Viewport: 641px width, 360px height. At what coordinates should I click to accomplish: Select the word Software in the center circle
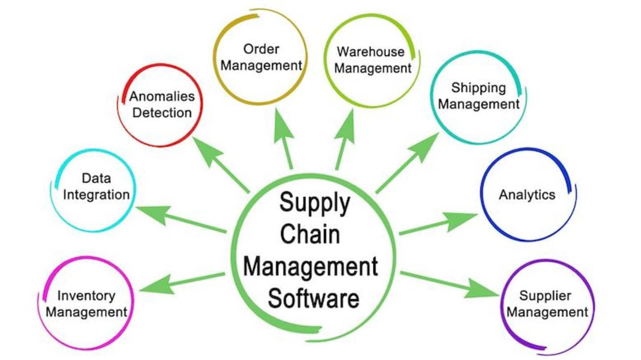point(314,298)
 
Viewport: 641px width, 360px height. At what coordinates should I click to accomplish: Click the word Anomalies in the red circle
point(162,97)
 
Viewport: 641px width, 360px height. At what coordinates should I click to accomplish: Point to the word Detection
point(162,113)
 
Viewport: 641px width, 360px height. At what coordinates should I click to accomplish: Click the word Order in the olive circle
point(261,49)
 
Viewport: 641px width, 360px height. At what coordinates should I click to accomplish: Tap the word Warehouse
point(370,52)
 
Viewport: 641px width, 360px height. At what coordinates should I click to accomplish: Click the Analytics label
point(527,195)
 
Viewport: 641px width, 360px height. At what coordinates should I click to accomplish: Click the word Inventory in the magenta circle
point(86,296)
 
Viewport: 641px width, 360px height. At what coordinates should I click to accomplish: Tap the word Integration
point(97,195)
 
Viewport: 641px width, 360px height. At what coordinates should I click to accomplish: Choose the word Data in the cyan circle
point(97,178)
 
